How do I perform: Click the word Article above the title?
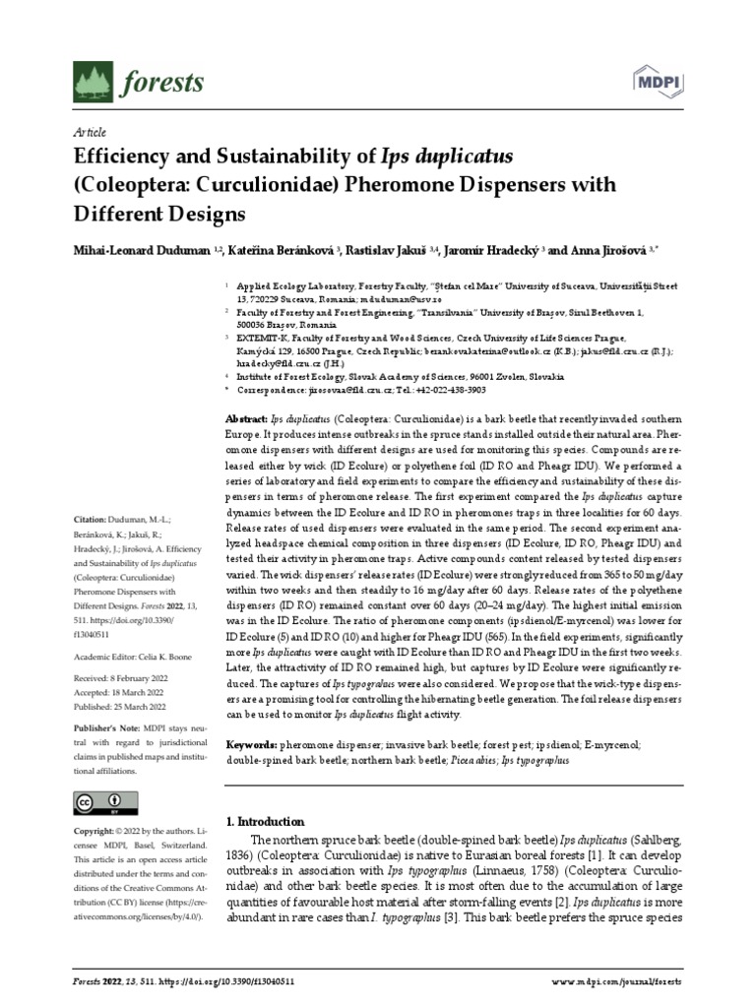click(x=90, y=132)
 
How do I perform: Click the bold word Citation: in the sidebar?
click(x=91, y=519)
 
